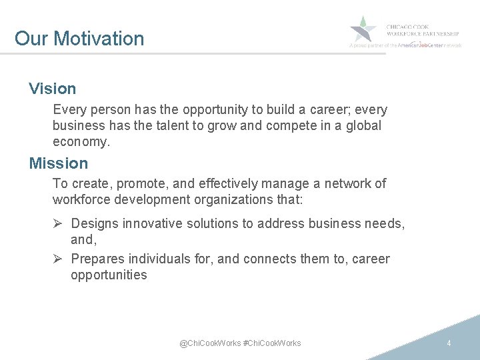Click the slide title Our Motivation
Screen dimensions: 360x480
click(x=79, y=39)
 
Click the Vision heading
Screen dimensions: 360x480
click(x=52, y=89)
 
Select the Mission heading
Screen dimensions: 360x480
click(x=58, y=163)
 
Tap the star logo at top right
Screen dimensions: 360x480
click(x=363, y=29)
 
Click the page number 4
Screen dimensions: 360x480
click(x=449, y=343)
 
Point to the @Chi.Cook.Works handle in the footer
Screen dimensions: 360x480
click(x=210, y=343)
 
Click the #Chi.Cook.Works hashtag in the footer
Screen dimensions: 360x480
click(x=272, y=343)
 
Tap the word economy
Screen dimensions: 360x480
click(x=79, y=141)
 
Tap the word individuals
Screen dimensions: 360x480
click(x=156, y=259)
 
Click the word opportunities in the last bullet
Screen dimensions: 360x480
click(x=109, y=275)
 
